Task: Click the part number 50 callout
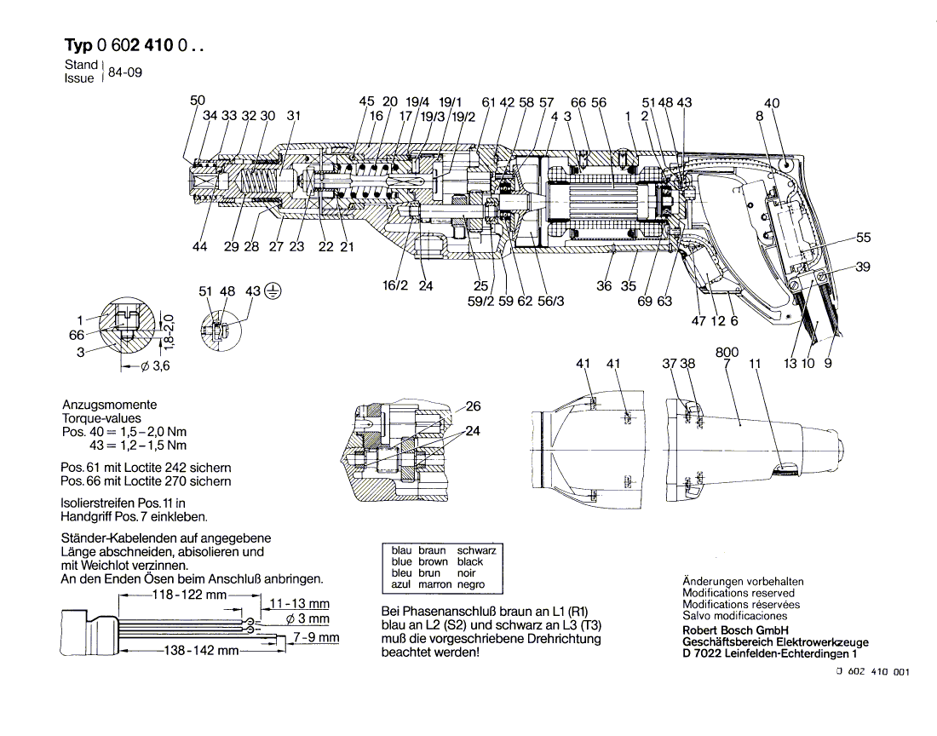coord(198,101)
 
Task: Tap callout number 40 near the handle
coord(772,103)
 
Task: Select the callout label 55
coord(863,238)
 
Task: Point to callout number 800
coord(727,353)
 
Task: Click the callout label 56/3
coord(550,301)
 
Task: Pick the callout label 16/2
coord(395,285)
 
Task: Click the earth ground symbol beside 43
coord(273,291)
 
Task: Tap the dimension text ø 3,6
coord(155,365)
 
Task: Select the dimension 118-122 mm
coord(190,595)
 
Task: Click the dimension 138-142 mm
coord(201,650)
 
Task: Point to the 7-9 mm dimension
coord(315,637)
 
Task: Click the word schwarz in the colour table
coord(476,550)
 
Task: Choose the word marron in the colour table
coord(434,584)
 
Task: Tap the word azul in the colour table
coord(401,584)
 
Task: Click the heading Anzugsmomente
coord(109,405)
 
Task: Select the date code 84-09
coord(125,72)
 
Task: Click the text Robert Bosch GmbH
coord(735,630)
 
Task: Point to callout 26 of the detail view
coord(473,406)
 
